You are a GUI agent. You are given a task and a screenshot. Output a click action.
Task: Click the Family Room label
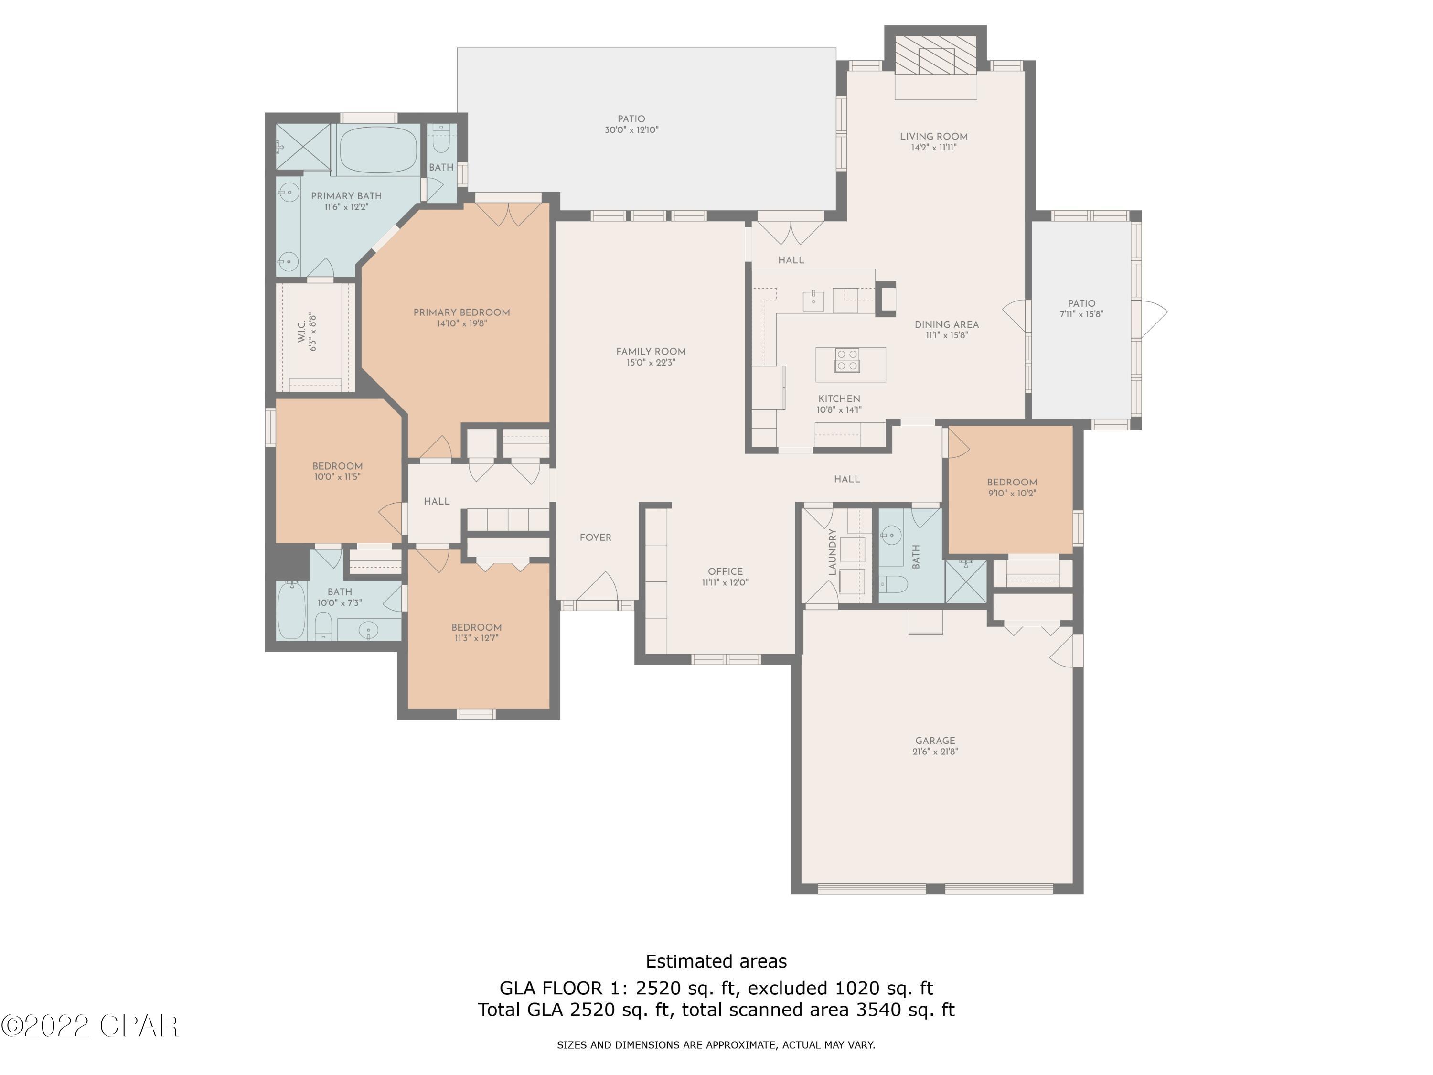click(651, 351)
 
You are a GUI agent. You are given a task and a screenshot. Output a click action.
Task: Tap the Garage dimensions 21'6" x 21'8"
click(935, 752)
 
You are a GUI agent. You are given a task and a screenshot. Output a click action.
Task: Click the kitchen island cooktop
click(847, 360)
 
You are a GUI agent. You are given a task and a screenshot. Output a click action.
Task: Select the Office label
click(725, 571)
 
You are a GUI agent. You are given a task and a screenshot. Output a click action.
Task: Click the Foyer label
click(595, 537)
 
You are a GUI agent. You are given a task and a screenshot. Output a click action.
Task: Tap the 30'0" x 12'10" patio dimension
click(631, 129)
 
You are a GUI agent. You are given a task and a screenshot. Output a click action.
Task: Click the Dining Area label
click(946, 324)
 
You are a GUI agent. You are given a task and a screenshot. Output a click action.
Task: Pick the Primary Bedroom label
click(461, 312)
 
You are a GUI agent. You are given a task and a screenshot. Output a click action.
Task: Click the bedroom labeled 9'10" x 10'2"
click(1011, 487)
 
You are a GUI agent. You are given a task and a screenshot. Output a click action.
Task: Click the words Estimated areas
click(716, 961)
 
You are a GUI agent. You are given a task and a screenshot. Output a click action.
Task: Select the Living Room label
click(933, 136)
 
